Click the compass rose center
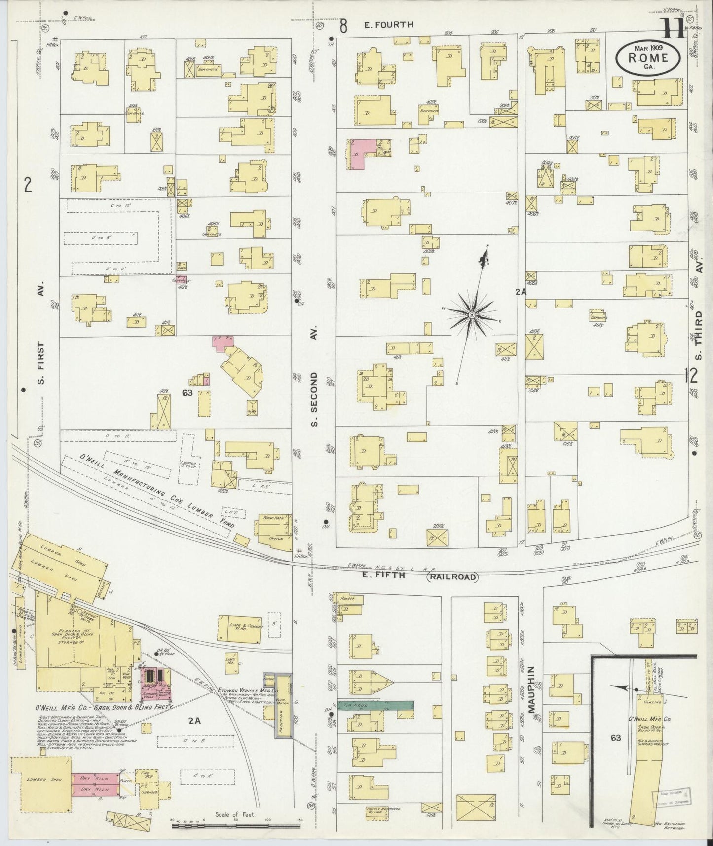pyautogui.click(x=472, y=315)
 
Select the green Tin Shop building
pyautogui.click(x=375, y=706)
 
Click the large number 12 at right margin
pyautogui.click(x=691, y=376)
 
